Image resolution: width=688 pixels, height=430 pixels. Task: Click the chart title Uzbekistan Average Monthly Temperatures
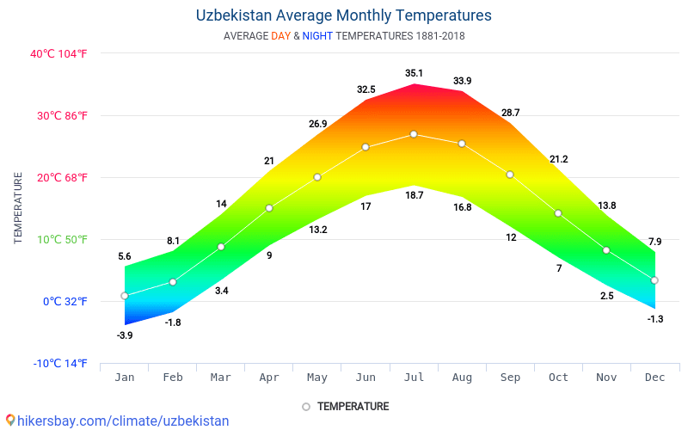pos(344,15)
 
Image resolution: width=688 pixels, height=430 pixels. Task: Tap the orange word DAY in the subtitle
pos(280,36)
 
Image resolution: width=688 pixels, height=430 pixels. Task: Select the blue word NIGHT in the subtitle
pos(317,36)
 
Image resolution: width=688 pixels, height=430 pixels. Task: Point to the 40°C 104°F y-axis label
pos(59,53)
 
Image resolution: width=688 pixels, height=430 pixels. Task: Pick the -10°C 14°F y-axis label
pos(60,363)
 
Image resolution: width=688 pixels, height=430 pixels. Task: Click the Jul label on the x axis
pos(414,377)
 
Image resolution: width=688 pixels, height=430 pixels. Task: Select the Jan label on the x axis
pos(125,377)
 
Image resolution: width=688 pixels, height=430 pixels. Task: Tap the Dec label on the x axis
pos(654,377)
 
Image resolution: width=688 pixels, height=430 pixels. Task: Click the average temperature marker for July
pos(414,134)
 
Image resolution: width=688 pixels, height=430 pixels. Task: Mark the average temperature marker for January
pos(125,296)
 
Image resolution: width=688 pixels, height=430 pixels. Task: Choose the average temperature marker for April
pos(269,208)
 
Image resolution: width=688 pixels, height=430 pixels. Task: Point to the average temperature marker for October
pos(558,213)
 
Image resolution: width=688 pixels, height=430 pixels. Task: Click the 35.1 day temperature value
pos(414,73)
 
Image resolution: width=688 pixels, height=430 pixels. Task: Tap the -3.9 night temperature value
pos(125,335)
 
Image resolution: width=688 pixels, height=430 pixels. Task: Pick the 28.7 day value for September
pos(510,113)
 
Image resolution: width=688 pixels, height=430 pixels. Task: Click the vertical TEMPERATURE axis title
pos(18,207)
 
